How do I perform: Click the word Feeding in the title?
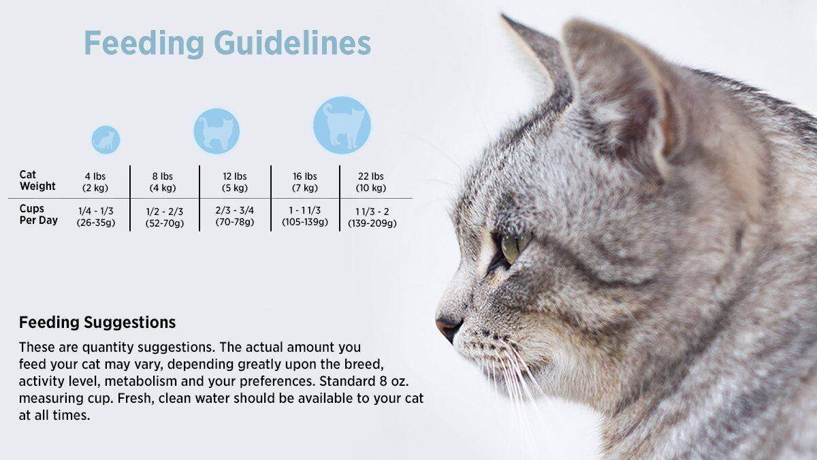144,44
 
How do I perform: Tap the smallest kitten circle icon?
106,140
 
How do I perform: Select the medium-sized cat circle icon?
217,131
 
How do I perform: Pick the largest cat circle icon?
342,125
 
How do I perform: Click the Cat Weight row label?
37,180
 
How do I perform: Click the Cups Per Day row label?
38,214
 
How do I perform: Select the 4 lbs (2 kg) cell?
95,182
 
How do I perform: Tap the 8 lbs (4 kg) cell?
163,182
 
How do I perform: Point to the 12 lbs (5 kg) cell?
234,182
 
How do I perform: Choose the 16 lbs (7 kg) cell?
305,182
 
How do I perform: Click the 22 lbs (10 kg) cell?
371,182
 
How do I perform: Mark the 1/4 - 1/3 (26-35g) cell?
96,216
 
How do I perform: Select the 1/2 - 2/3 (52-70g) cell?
165,217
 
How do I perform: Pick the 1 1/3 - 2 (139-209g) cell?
372,217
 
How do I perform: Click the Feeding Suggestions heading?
97,323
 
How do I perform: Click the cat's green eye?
515,246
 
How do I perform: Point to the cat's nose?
448,325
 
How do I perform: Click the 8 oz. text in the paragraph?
391,381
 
